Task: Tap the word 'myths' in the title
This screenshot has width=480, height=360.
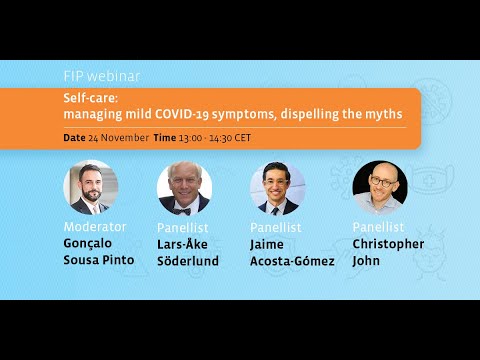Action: (x=384, y=115)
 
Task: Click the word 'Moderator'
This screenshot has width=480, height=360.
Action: (x=96, y=227)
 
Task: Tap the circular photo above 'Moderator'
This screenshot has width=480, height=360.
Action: (x=92, y=188)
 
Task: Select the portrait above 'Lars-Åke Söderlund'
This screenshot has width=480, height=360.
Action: (x=184, y=188)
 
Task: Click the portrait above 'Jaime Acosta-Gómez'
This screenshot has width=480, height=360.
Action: (x=277, y=188)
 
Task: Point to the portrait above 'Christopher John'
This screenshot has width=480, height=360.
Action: (x=380, y=188)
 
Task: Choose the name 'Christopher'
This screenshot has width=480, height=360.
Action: (x=388, y=244)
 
